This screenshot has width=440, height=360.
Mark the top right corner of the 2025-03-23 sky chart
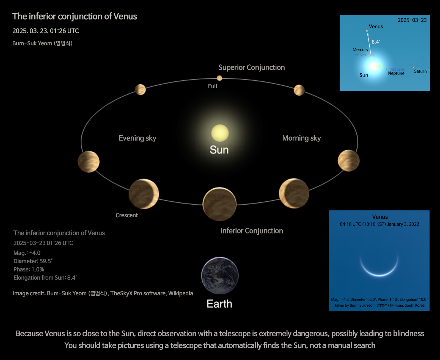click(430, 15)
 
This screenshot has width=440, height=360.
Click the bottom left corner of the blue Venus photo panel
click(329, 311)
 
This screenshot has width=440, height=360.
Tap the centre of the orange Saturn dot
click(414, 67)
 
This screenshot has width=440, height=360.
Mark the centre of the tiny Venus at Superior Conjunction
click(219, 78)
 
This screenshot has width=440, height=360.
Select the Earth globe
click(220, 276)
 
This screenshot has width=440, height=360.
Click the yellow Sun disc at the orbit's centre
click(220, 133)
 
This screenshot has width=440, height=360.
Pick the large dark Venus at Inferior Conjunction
click(219, 204)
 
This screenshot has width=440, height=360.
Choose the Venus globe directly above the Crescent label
click(144, 194)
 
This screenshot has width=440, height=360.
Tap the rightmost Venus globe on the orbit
click(349, 161)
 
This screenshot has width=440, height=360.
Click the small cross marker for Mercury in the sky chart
click(357, 55)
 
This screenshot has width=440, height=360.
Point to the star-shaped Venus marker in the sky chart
click(367, 31)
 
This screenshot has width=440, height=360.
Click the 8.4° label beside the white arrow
click(376, 42)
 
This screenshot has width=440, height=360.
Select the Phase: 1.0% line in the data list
click(29, 270)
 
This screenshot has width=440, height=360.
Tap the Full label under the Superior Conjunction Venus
click(212, 86)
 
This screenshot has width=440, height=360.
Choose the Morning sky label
click(301, 138)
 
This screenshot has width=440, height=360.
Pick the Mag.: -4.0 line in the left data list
click(27, 253)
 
